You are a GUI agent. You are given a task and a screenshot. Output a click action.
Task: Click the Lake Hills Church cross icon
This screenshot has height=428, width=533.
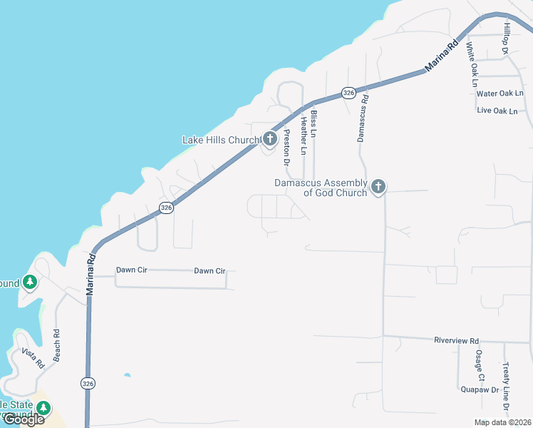270,138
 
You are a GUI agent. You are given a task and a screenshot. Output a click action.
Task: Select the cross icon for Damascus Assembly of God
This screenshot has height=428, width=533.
378,187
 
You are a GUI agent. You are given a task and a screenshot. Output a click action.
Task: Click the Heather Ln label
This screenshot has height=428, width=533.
304,136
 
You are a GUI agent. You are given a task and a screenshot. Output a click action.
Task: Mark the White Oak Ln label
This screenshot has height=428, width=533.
472,64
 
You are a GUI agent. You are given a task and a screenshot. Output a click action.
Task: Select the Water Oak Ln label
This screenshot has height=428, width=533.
500,93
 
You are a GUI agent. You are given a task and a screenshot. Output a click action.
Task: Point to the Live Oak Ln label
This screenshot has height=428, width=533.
500,111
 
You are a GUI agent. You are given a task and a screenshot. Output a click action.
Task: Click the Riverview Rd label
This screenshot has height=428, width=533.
456,341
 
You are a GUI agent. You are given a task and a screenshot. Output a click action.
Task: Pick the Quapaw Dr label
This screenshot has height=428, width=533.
479,390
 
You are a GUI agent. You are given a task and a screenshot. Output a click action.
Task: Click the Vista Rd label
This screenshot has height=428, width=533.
33,357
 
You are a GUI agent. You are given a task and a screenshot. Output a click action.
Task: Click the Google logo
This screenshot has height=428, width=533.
23,419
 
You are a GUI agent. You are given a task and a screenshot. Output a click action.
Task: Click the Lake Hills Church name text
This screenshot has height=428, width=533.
221,140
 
